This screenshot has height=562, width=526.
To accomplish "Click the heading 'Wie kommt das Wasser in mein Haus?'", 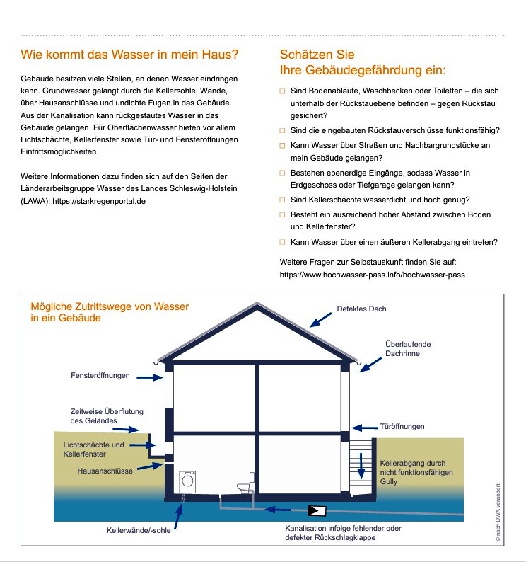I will point(129,55).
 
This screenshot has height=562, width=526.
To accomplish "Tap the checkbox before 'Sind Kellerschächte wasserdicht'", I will point(283,200).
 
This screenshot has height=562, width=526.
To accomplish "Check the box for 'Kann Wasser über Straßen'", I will point(283,145).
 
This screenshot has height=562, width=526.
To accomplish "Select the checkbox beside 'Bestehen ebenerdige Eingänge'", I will point(283,173).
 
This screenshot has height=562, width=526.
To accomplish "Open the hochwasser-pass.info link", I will point(373,273).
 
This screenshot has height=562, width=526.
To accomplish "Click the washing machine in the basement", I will point(188,481).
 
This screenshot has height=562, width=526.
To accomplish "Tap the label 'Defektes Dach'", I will point(361,309).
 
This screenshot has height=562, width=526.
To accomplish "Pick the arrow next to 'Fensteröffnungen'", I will point(150,377).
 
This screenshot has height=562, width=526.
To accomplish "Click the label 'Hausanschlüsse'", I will point(107,471).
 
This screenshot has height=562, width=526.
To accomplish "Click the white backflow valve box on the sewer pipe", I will point(317,510).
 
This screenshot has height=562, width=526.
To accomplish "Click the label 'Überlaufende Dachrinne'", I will point(407,348).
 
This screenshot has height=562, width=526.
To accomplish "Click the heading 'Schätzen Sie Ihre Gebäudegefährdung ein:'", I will point(363,63).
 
